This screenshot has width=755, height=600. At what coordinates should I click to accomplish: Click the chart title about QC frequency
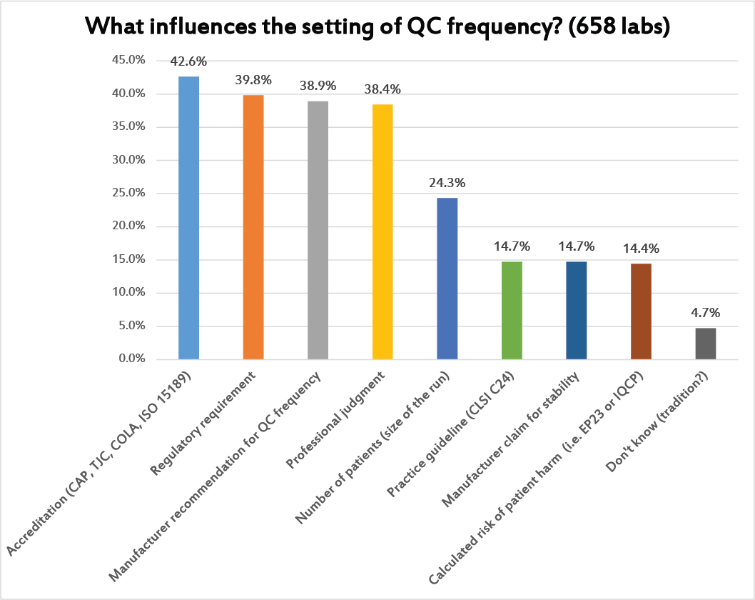[377, 26]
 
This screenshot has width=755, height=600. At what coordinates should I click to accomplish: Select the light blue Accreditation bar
[188, 217]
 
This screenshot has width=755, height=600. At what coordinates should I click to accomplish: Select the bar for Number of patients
[447, 278]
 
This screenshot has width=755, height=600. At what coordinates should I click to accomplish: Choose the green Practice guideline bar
[512, 310]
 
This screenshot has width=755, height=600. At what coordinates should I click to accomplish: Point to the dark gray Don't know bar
[705, 343]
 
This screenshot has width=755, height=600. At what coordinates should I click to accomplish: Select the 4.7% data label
[705, 313]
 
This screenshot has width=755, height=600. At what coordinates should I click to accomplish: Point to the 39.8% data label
[253, 80]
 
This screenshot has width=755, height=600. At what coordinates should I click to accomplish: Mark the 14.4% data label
[641, 249]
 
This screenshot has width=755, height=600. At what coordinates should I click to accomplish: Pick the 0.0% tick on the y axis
[132, 359]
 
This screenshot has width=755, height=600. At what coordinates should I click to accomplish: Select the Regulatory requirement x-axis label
[203, 422]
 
